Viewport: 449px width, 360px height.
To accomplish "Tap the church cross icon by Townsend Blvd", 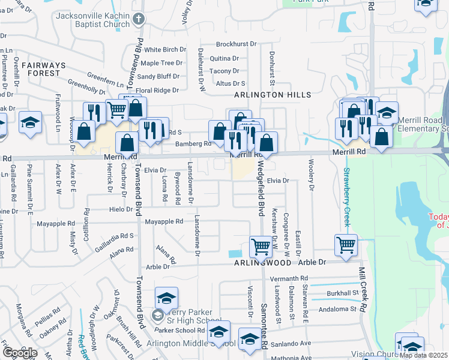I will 139,19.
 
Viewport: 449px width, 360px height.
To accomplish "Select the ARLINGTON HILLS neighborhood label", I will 273,95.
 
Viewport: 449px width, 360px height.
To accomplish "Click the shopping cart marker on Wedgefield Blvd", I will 261,245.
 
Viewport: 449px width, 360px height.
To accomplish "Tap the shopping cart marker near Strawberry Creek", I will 346,243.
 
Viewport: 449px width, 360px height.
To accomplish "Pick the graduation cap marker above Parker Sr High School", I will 166,296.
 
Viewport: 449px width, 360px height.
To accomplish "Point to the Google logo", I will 20,353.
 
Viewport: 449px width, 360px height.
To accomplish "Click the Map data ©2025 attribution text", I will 423,355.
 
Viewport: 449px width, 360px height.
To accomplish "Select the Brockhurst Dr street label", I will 236,44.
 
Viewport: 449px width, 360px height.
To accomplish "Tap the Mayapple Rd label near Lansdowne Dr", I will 163,221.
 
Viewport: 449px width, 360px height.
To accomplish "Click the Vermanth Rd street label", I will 289,278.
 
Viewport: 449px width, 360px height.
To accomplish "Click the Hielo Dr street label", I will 121,209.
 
